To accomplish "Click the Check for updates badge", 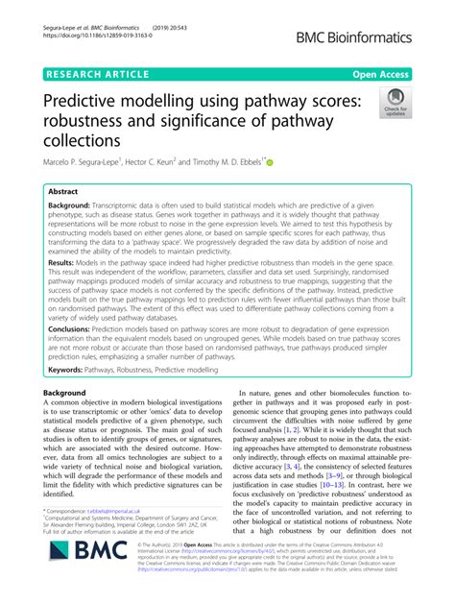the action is click(x=395, y=102).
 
